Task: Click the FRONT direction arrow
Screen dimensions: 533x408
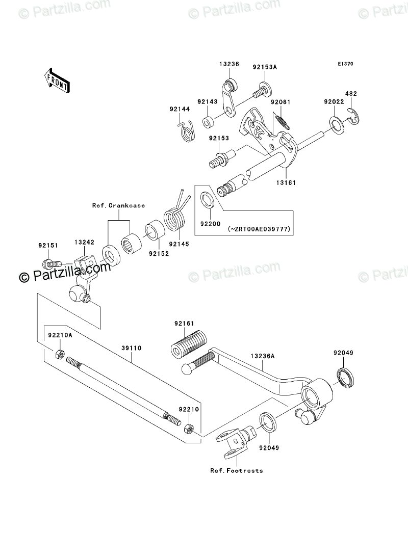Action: pos(57,80)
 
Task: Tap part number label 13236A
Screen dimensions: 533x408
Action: pos(262,356)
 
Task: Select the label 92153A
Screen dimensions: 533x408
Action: pos(264,66)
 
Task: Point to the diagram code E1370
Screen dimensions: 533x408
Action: pos(345,64)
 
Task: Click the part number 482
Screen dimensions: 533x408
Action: pos(351,94)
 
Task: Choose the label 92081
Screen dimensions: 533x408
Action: pos(280,102)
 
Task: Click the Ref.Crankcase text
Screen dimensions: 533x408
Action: pos(118,205)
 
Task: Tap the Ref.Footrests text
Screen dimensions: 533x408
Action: pos(237,470)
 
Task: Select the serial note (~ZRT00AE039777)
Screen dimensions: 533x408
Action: pos(260,229)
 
